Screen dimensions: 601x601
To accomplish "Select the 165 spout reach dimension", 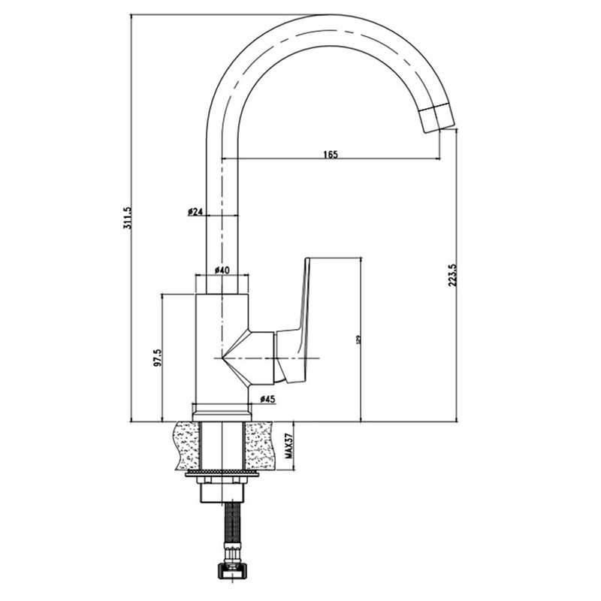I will click(x=331, y=154).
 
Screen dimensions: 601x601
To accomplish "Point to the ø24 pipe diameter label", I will click(x=195, y=213).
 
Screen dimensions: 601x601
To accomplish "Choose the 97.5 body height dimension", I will click(x=158, y=358).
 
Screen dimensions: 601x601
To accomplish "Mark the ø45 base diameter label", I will click(x=266, y=399).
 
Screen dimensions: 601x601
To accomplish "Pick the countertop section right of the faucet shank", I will click(x=259, y=445).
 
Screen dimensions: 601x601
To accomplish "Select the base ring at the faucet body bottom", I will click(x=222, y=410).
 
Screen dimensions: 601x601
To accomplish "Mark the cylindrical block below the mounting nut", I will click(x=222, y=494).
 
